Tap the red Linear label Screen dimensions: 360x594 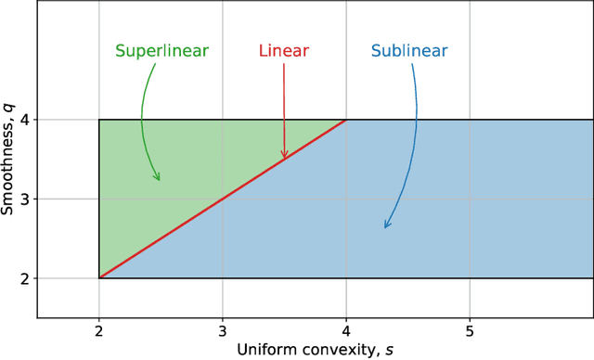click(x=283, y=51)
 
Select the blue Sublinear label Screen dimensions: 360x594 click(x=408, y=51)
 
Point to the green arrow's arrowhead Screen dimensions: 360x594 click(x=159, y=178)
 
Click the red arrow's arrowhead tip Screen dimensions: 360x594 click(x=285, y=159)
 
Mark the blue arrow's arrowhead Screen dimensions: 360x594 click(x=386, y=225)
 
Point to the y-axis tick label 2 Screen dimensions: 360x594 click(x=26, y=278)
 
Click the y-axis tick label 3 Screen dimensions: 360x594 click(x=26, y=199)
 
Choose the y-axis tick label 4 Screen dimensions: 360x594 click(x=26, y=120)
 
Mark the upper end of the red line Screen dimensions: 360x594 click(x=346, y=120)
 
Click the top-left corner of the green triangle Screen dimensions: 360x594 click(x=99, y=120)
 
